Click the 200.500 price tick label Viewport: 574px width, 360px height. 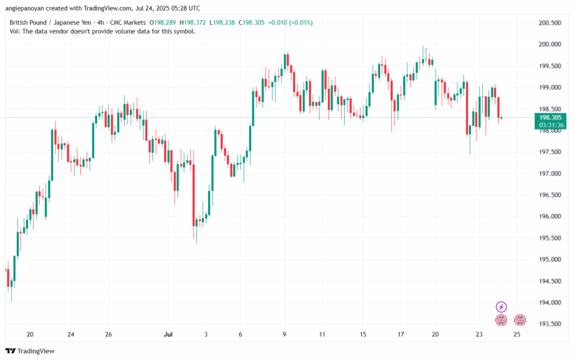pyautogui.click(x=550, y=23)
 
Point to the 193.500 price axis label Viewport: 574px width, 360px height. pyautogui.click(x=550, y=324)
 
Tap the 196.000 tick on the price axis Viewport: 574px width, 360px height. pyautogui.click(x=550, y=216)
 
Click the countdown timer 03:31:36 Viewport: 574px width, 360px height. pyautogui.click(x=550, y=125)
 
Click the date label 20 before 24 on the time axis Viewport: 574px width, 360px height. pyautogui.click(x=30, y=334)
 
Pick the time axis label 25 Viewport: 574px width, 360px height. pyautogui.click(x=517, y=334)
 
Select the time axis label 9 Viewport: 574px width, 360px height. pyautogui.click(x=285, y=334)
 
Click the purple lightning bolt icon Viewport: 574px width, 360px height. pyautogui.click(x=502, y=307)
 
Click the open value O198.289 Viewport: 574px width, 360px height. pyautogui.click(x=163, y=22)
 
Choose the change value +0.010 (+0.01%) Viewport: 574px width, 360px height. pyautogui.click(x=290, y=22)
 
